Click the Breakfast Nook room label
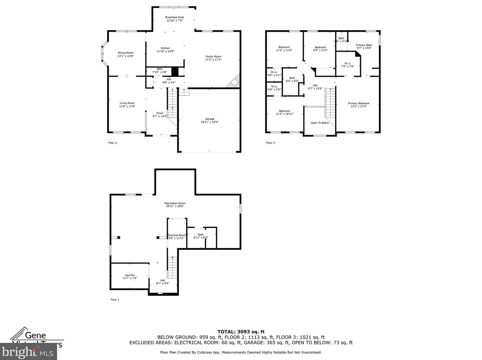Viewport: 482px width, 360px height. (x=174, y=17)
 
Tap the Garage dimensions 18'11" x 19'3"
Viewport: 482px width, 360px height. (x=210, y=122)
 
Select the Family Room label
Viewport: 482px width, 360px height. (x=213, y=56)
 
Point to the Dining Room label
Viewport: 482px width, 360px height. (x=126, y=53)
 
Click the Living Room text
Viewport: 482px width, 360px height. (x=127, y=103)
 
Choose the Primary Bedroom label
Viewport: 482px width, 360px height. (x=359, y=103)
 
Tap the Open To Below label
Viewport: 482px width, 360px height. (x=320, y=123)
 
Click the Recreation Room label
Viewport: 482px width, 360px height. (x=175, y=203)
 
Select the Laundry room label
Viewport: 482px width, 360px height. (x=130, y=275)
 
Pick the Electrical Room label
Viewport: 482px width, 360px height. (x=176, y=235)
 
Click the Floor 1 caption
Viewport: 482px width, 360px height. (x=115, y=300)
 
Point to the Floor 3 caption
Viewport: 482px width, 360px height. (x=270, y=143)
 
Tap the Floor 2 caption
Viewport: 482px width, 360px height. (x=113, y=143)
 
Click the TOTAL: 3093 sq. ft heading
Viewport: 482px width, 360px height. (x=241, y=332)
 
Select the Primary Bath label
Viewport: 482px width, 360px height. (x=364, y=45)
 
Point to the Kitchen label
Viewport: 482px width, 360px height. (x=165, y=48)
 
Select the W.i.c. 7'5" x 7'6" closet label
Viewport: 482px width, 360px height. (x=347, y=63)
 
